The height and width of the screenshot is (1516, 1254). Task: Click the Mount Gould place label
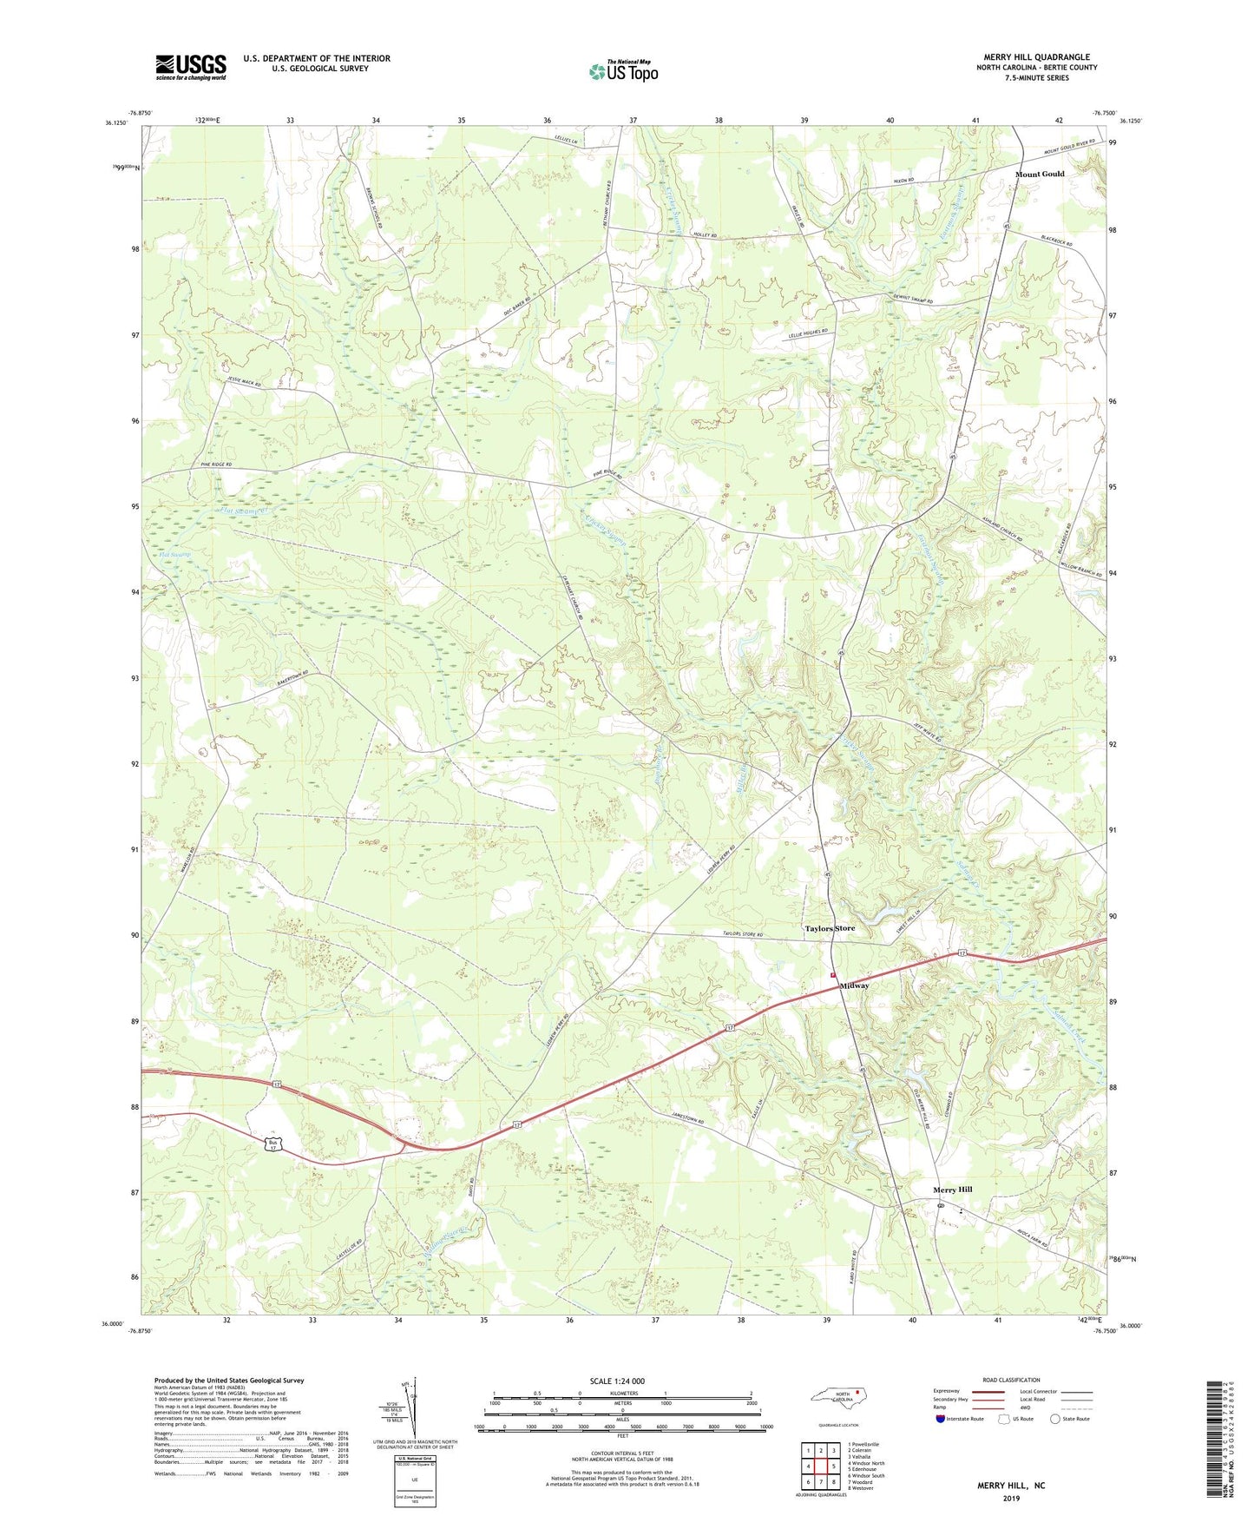(x=1040, y=174)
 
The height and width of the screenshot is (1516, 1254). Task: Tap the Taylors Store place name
(x=830, y=928)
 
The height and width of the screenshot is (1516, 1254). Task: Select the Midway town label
(x=854, y=985)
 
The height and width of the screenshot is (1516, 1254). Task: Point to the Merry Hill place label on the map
(x=952, y=1190)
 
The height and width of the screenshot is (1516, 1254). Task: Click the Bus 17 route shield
(x=272, y=1147)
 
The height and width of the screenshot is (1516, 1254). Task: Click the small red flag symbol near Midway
(x=832, y=974)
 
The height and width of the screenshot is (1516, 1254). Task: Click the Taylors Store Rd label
(x=742, y=934)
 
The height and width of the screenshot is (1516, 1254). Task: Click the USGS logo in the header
(x=191, y=67)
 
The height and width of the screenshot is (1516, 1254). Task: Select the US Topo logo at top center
(x=623, y=71)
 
